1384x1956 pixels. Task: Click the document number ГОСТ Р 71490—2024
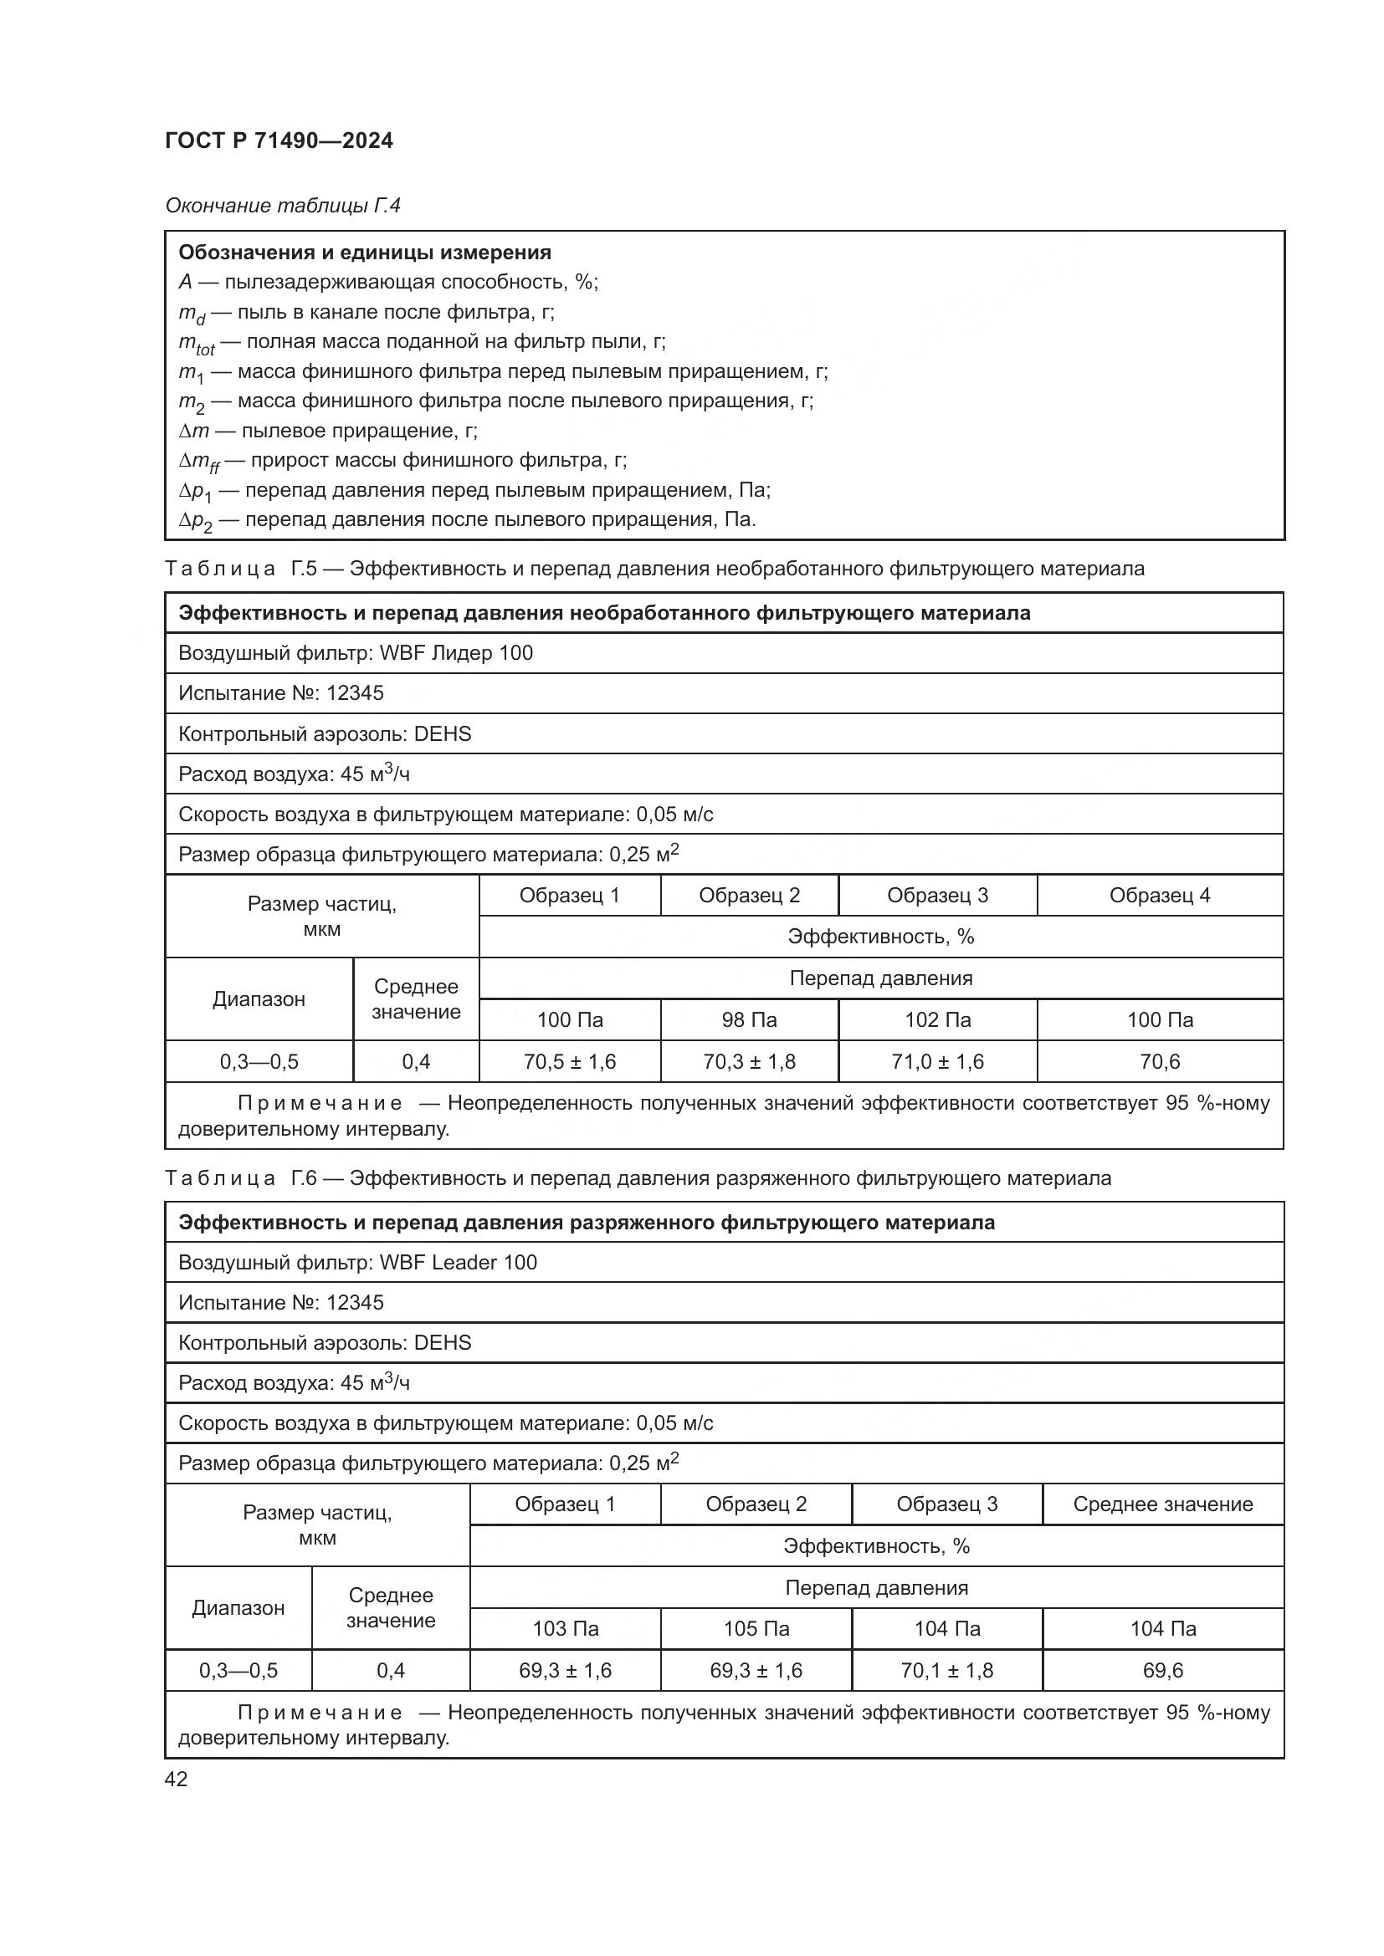[279, 140]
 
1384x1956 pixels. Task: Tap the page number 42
[177, 1779]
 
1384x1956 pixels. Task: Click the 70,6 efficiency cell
[1159, 1061]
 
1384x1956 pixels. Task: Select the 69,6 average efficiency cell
[1162, 1670]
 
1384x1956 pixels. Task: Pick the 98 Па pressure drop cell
[749, 1019]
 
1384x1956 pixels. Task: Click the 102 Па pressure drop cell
[937, 1019]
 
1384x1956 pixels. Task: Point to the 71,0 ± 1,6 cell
[937, 1061]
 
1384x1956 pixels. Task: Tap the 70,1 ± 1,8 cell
[947, 1670]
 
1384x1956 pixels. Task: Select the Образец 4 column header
[1159, 896]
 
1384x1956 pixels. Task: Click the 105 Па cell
[756, 1628]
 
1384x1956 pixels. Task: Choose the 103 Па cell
[565, 1628]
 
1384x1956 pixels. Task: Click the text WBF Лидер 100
[456, 653]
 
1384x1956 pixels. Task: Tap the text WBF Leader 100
[458, 1262]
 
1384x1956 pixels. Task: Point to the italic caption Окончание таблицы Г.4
[282, 206]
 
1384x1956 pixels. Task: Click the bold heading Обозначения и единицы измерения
[365, 253]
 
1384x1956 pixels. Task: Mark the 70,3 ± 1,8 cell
[749, 1061]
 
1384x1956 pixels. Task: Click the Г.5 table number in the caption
[304, 568]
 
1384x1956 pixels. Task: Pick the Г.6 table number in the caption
[304, 1178]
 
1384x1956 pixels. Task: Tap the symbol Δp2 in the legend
[195, 521]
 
